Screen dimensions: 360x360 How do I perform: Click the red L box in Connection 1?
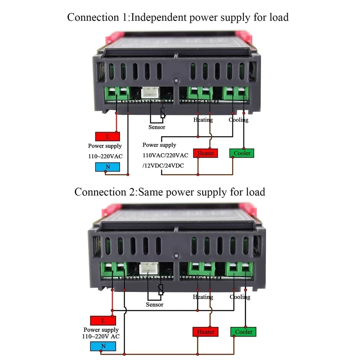(x=107, y=136)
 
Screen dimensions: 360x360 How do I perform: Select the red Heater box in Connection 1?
(x=206, y=153)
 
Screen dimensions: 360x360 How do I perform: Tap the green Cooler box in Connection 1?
(x=242, y=153)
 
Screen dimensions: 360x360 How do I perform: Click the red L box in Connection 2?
(x=103, y=320)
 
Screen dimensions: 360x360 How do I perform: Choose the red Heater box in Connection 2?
(x=206, y=332)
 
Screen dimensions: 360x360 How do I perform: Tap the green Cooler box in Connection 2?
(x=243, y=332)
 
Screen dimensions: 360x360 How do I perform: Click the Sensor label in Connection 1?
(x=157, y=127)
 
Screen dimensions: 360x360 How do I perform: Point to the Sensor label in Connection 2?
(x=154, y=305)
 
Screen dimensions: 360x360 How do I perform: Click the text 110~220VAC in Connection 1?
(x=105, y=156)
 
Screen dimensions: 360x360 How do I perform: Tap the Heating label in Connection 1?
(x=203, y=120)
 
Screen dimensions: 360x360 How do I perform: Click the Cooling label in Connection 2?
(x=240, y=297)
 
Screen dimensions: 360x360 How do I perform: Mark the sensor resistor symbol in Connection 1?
(x=163, y=113)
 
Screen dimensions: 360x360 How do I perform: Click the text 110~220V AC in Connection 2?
(x=101, y=336)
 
